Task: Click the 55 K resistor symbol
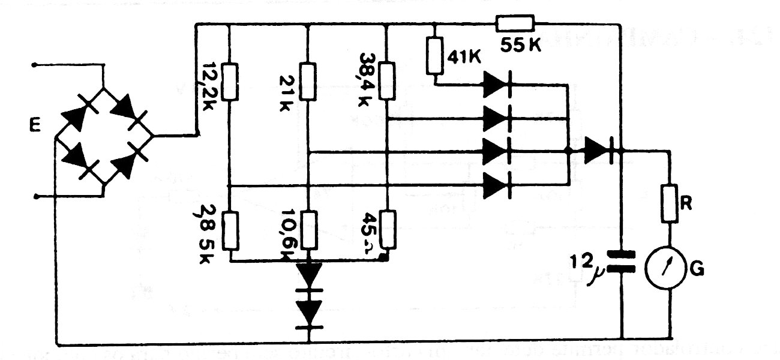click(515, 25)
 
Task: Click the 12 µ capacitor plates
click(622, 262)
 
